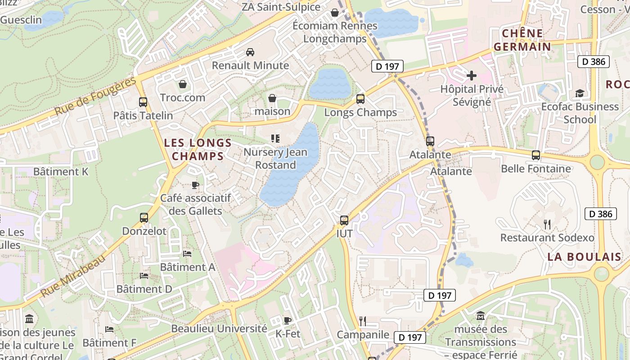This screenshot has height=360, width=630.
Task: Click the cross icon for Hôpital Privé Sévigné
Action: point(471,75)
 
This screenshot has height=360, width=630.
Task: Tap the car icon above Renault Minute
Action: point(250,52)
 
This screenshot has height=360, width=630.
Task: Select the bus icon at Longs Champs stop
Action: point(360,99)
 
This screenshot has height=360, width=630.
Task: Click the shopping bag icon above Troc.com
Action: point(183,84)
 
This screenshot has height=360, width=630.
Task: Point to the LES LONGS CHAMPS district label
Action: point(198,150)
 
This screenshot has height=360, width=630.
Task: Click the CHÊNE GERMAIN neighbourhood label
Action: point(522,40)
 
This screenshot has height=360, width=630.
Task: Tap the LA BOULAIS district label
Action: point(584,257)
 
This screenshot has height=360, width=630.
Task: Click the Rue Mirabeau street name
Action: point(72,275)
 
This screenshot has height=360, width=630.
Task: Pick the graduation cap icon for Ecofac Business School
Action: point(580,93)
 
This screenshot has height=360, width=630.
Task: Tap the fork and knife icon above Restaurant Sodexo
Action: point(547,224)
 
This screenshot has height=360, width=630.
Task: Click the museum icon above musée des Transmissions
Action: point(480,315)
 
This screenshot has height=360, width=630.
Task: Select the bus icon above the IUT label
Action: point(344,220)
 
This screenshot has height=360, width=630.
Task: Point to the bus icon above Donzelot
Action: point(144,218)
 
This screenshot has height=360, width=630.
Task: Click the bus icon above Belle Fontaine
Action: point(535,155)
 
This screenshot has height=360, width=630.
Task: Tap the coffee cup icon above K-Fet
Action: point(288,320)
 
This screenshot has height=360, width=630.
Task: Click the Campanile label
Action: point(363,334)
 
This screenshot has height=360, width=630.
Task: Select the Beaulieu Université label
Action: point(219,328)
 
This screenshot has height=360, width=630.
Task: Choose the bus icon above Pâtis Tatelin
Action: point(143,102)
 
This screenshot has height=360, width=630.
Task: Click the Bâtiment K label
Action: point(61,171)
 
